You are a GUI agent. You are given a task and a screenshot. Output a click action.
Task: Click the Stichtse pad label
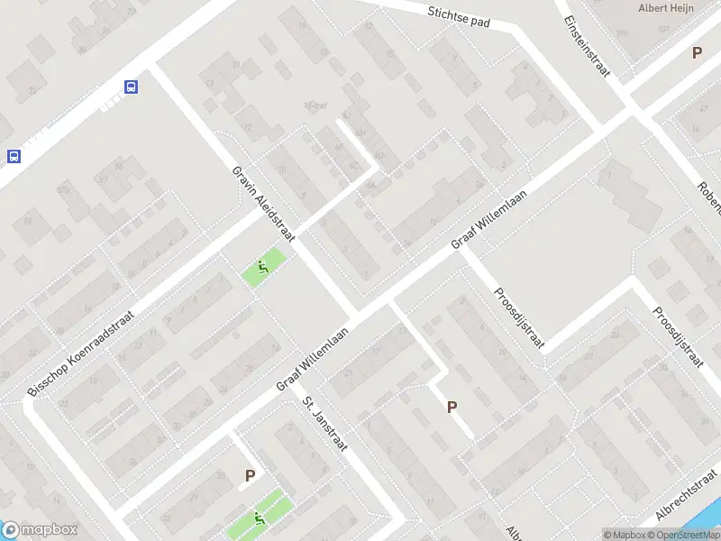[x=459, y=16]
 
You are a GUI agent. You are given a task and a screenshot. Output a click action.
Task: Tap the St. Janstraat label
[x=324, y=425]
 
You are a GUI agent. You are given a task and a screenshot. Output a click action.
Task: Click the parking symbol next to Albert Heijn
[x=697, y=52]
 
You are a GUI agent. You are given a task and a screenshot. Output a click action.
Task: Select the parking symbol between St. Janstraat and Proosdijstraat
[x=452, y=407]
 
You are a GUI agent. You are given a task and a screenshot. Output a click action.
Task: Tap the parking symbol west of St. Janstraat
[x=250, y=475]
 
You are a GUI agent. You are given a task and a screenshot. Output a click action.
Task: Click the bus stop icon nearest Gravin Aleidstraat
[x=132, y=87]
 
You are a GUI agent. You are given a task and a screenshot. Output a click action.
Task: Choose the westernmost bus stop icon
[x=14, y=155]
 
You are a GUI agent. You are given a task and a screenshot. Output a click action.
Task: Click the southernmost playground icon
[x=260, y=518]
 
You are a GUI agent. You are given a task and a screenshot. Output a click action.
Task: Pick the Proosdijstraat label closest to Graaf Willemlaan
[x=520, y=316]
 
